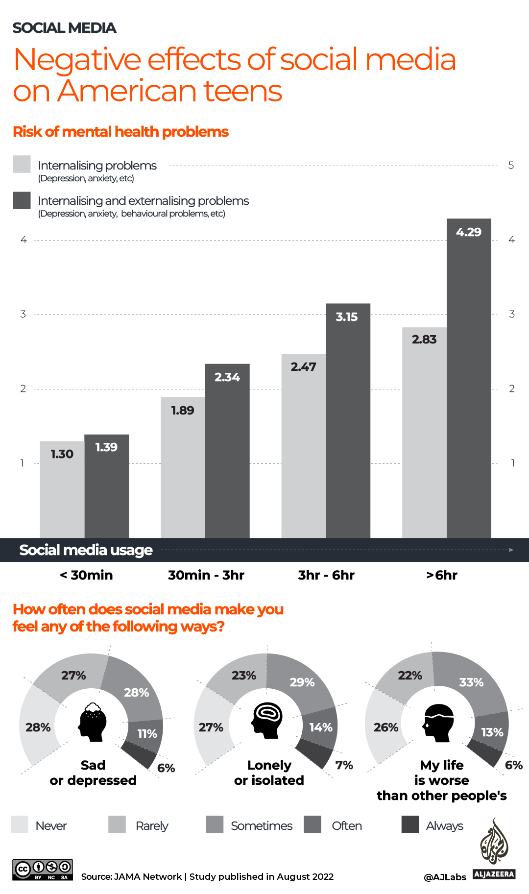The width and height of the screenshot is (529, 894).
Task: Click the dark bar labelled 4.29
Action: (x=469, y=377)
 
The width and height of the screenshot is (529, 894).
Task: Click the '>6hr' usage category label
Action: (x=441, y=575)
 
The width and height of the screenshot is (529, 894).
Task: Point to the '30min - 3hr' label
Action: (x=206, y=575)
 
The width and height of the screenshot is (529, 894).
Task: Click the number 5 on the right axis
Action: (x=511, y=166)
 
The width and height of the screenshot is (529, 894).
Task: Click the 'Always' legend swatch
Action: (x=410, y=824)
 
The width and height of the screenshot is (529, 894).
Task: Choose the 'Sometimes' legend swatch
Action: (x=215, y=824)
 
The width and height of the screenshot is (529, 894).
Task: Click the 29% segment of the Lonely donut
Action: (x=301, y=682)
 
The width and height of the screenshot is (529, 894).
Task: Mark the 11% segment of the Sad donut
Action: (x=146, y=733)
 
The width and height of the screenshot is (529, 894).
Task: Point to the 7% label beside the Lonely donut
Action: (x=344, y=765)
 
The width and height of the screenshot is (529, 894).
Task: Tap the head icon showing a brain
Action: (x=267, y=720)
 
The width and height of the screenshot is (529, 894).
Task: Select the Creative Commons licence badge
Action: (x=43, y=870)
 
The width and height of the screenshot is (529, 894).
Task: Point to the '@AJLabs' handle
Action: (x=445, y=877)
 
